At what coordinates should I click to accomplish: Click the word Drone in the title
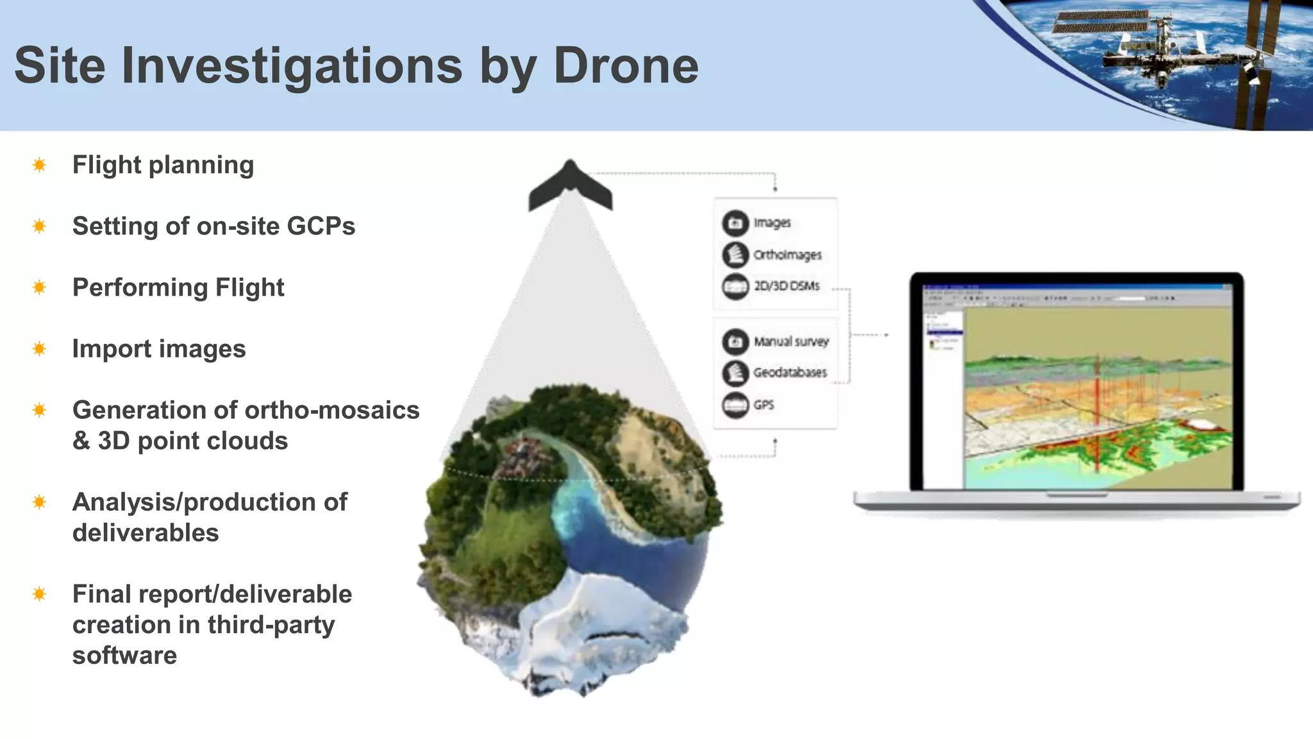point(626,65)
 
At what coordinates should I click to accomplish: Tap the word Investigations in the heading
point(292,67)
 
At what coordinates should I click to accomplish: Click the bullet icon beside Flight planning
point(39,166)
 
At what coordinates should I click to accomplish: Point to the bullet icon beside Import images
point(39,349)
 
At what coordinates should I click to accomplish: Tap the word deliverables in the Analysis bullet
point(146,532)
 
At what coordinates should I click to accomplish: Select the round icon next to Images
point(735,223)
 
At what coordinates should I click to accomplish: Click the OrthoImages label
point(787,255)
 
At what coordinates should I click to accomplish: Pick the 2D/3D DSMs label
point(787,286)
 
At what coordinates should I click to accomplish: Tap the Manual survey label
point(791,341)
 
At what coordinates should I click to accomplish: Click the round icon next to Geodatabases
point(735,373)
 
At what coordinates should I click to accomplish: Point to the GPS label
point(764,405)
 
